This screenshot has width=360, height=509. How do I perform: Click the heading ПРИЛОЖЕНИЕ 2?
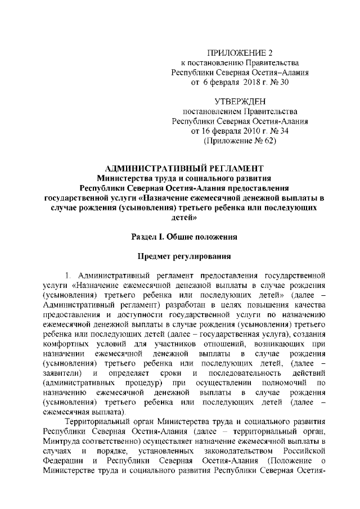pyautogui.click(x=240, y=52)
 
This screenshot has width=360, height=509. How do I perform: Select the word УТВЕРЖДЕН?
pyautogui.click(x=239, y=101)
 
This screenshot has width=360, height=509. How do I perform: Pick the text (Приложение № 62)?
pyautogui.click(x=240, y=141)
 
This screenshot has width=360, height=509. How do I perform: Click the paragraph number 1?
pyautogui.click(x=68, y=276)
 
